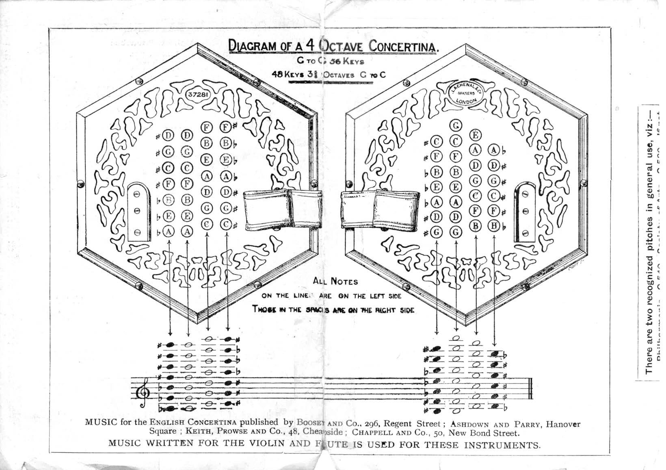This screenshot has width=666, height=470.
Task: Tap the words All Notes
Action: click(x=335, y=281)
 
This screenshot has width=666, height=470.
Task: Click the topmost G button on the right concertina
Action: click(x=456, y=125)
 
